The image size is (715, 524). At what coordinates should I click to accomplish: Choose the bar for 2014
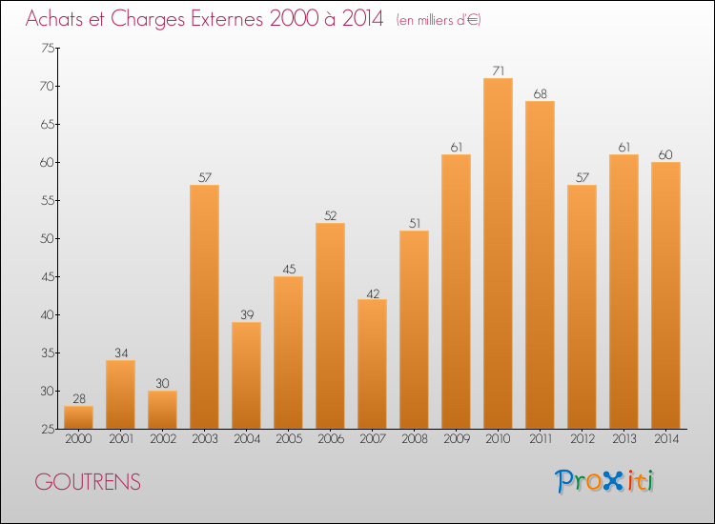tap(665, 294)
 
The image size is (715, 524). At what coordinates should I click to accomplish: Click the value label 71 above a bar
tap(498, 71)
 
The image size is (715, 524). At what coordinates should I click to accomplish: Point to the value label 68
tap(540, 93)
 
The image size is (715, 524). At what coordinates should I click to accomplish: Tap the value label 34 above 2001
tap(120, 353)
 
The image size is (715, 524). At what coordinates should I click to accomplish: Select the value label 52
tap(330, 215)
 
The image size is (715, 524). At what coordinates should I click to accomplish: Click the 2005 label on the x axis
tap(288, 439)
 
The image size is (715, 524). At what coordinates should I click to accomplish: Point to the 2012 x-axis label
tap(582, 439)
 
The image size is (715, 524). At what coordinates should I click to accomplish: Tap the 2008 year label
tap(414, 439)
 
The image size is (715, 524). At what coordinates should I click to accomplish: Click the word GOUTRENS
tap(88, 482)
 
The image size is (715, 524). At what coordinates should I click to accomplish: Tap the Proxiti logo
tap(604, 481)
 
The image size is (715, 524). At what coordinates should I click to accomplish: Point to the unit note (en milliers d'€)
tap(438, 20)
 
